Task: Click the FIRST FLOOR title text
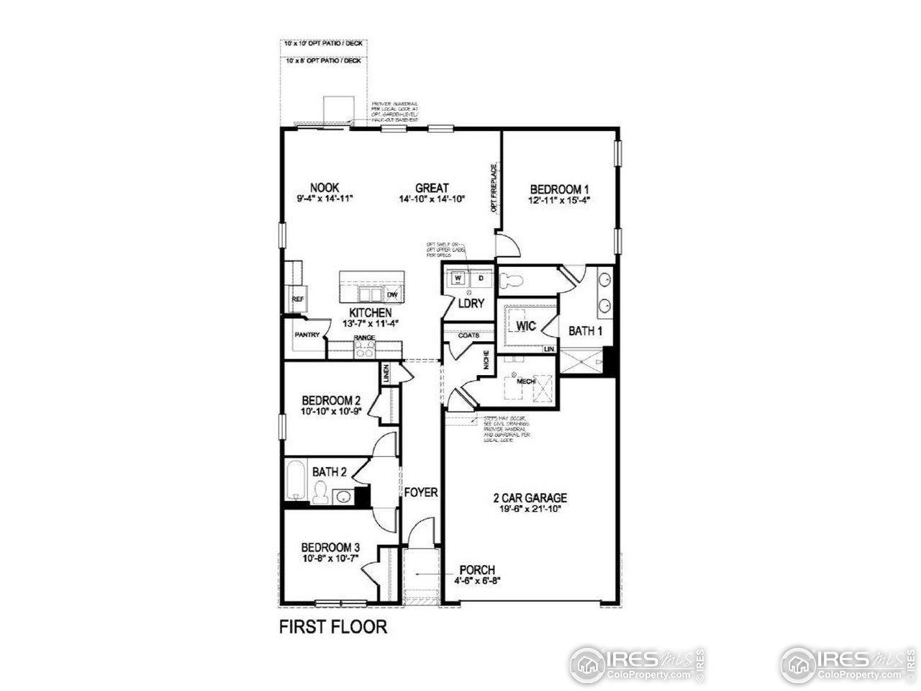(332, 627)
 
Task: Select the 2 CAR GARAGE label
(530, 497)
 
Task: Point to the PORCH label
(476, 570)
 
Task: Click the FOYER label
(421, 492)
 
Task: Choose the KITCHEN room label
(371, 313)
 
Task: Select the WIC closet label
(527, 325)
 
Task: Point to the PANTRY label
(307, 335)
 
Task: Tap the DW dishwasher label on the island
(392, 295)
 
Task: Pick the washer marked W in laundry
(458, 278)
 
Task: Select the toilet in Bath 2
(320, 492)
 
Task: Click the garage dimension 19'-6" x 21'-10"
(530, 509)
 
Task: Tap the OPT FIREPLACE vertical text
(494, 189)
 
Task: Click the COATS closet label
(469, 335)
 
